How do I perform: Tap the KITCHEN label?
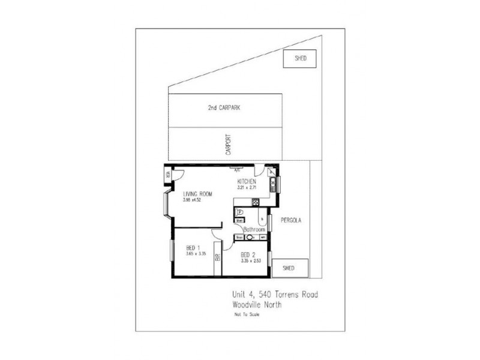(247, 181)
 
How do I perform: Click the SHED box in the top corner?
(301, 59)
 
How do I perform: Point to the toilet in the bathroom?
(239, 212)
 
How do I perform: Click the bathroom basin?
(250, 238)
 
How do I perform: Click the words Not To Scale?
(247, 314)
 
